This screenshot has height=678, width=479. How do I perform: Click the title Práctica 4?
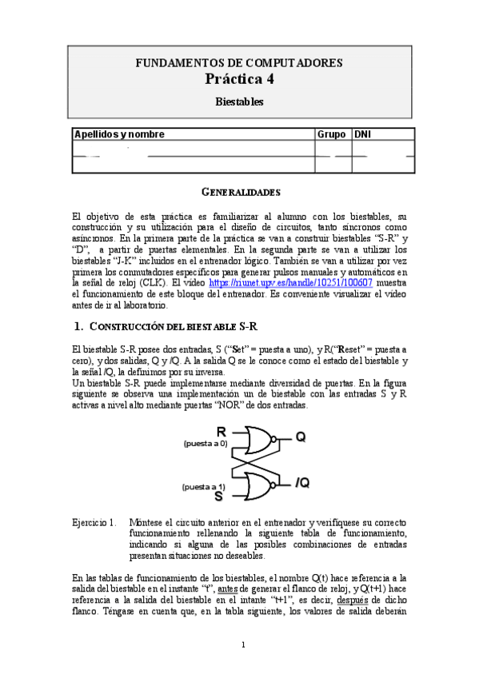pyautogui.click(x=239, y=78)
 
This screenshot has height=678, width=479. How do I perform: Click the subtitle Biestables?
pyautogui.click(x=239, y=102)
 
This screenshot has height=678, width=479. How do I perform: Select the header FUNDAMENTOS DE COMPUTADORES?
pyautogui.click(x=239, y=62)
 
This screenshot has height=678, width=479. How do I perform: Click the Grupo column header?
pyautogui.click(x=332, y=134)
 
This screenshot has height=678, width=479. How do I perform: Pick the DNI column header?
pyautogui.click(x=364, y=134)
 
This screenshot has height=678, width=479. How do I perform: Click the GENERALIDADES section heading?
pyautogui.click(x=239, y=193)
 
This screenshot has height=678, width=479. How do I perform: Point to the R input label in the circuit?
pyautogui.click(x=222, y=433)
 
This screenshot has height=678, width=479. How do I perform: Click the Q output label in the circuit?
pyautogui.click(x=300, y=437)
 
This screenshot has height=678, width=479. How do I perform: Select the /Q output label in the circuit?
pyautogui.click(x=302, y=482)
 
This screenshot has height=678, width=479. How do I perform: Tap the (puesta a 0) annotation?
pyautogui.click(x=205, y=442)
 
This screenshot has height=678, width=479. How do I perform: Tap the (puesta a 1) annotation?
pyautogui.click(x=203, y=486)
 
